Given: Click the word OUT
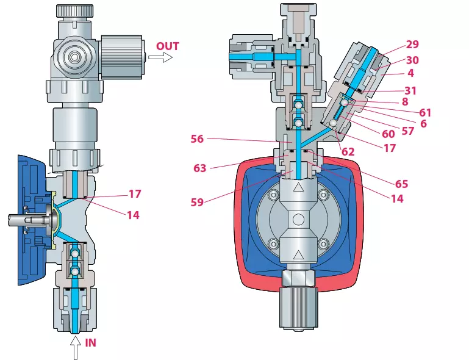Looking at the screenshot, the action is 168,46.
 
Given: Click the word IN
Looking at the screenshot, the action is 91,343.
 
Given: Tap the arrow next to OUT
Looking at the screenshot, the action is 160,57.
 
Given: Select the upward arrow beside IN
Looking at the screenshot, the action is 76,348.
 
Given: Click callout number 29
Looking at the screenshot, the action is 412,45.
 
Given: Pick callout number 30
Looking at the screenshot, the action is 412,60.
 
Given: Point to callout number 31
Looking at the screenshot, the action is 410,91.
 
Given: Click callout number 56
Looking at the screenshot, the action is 197,139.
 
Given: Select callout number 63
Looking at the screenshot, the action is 200,168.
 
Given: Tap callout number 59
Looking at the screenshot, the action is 197,203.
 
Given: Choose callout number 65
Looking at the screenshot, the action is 401,184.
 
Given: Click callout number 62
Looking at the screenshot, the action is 348,152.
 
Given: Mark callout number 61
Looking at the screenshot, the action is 425,113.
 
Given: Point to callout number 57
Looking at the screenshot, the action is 407,131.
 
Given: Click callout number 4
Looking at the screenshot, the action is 410,73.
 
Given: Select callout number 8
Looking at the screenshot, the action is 405,102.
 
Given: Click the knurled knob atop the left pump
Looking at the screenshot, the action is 74,11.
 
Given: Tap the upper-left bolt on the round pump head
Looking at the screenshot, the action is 273,195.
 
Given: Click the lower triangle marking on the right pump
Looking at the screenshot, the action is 298,255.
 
